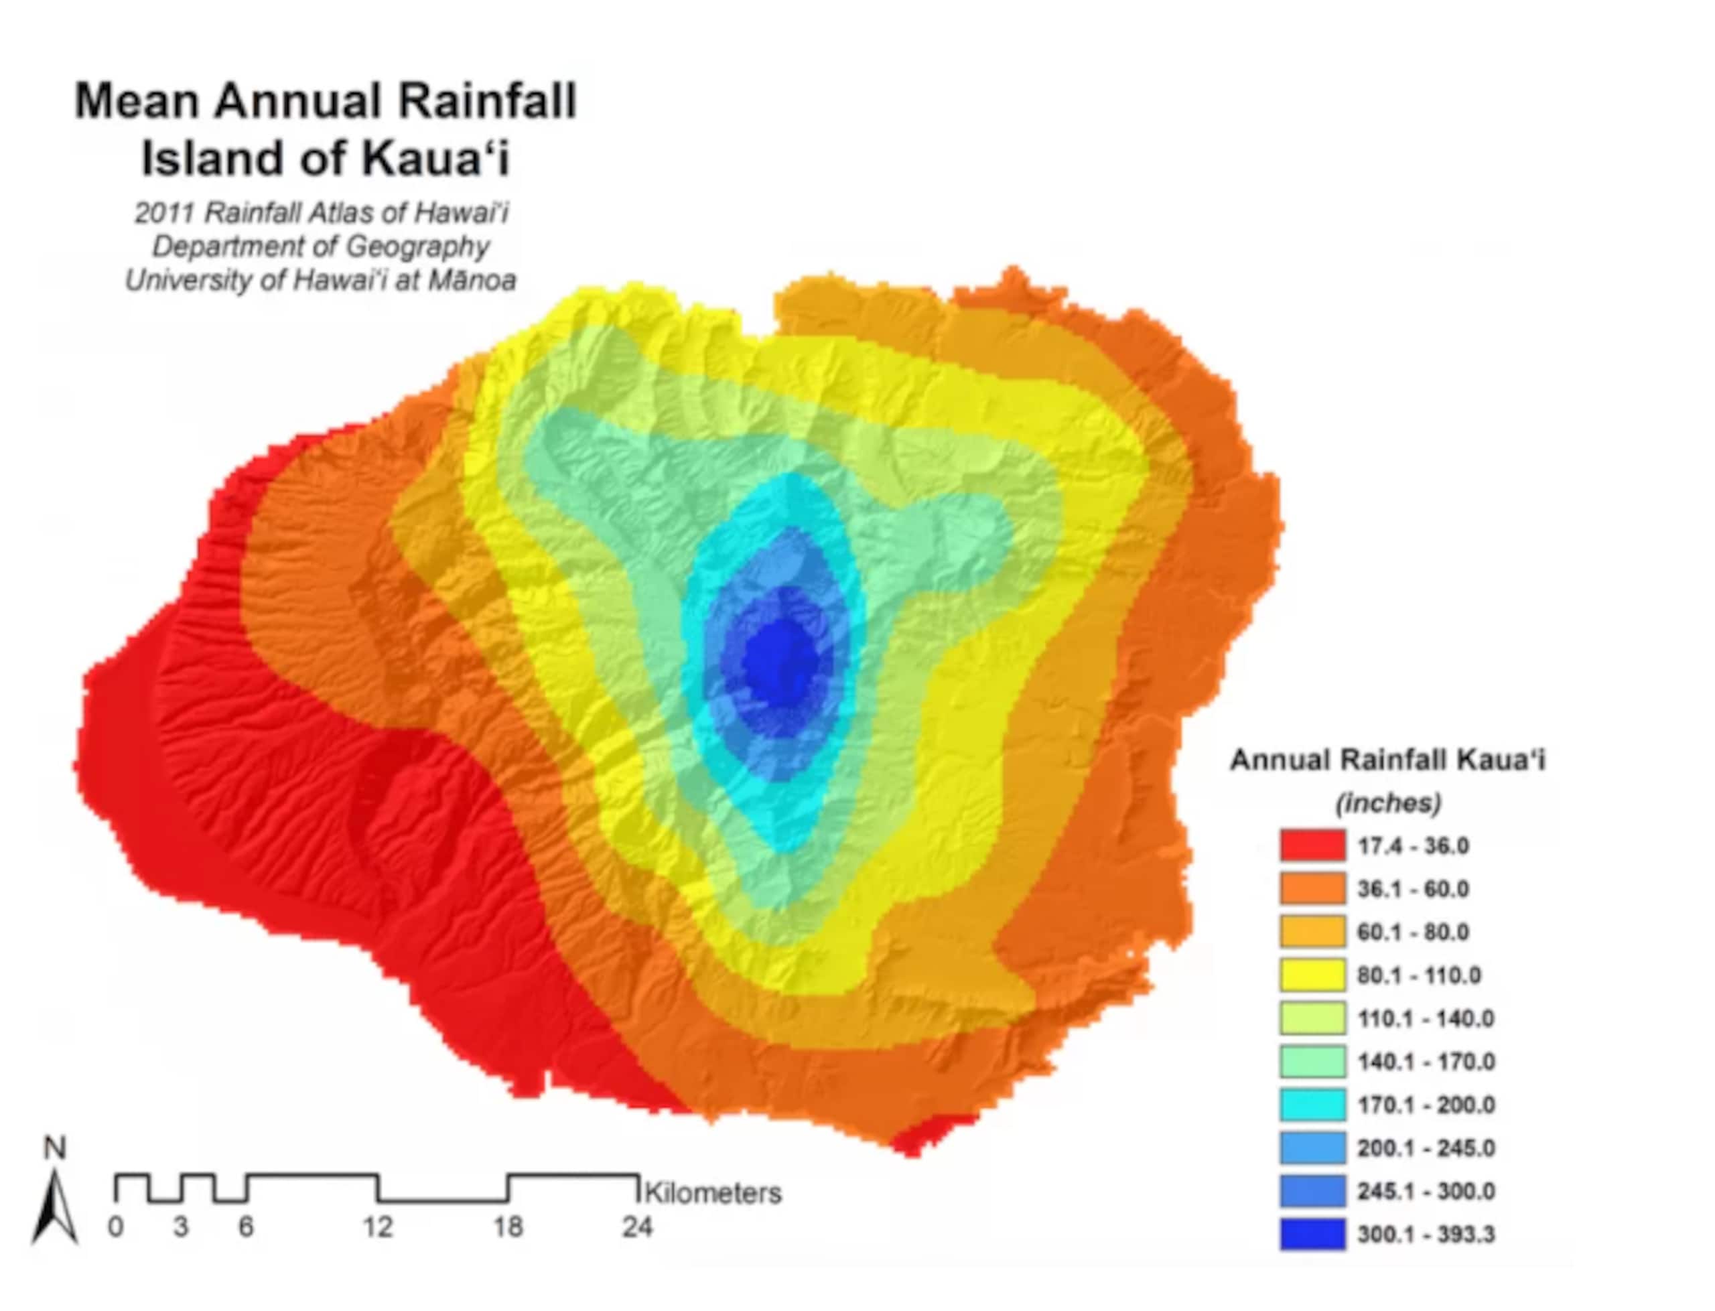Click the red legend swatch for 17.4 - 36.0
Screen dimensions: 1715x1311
point(1312,845)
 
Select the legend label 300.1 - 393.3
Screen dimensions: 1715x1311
point(1426,1234)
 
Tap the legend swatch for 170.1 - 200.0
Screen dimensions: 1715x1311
point(1312,1104)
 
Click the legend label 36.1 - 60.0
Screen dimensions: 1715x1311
point(1412,889)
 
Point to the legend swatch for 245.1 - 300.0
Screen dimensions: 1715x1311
point(1312,1191)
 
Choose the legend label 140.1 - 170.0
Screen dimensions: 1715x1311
point(1426,1061)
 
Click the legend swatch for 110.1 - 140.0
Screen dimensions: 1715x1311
point(1312,1018)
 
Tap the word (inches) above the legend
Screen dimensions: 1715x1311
point(1387,803)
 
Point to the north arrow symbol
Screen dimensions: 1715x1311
point(55,1206)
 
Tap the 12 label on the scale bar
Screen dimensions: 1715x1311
point(377,1227)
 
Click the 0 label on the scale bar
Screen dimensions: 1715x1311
point(115,1227)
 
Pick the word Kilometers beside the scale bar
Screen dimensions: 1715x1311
point(712,1193)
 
